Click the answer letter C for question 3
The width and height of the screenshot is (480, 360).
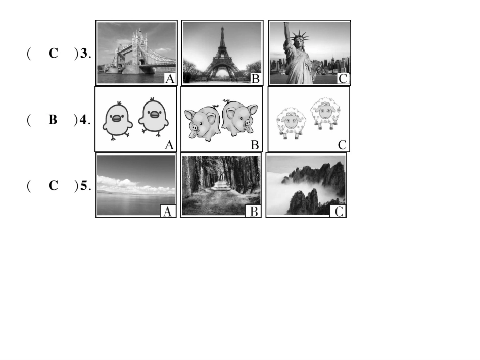click(53, 53)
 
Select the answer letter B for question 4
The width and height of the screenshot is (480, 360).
click(53, 119)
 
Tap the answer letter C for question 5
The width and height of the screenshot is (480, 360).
click(53, 185)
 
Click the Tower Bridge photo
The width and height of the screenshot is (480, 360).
click(136, 53)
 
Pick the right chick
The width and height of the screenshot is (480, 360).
click(153, 117)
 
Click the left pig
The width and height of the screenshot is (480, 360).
click(203, 123)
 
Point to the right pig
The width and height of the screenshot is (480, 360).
click(240, 118)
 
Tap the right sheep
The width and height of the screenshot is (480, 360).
click(325, 113)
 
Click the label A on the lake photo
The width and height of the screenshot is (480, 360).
click(167, 212)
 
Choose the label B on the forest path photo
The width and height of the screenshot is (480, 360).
click(254, 212)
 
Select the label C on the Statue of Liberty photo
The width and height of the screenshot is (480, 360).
click(343, 79)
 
